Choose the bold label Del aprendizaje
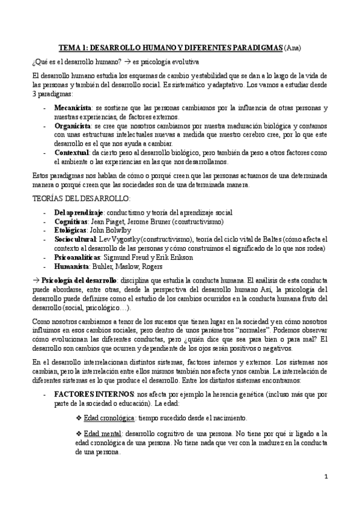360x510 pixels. [x=78, y=214]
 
